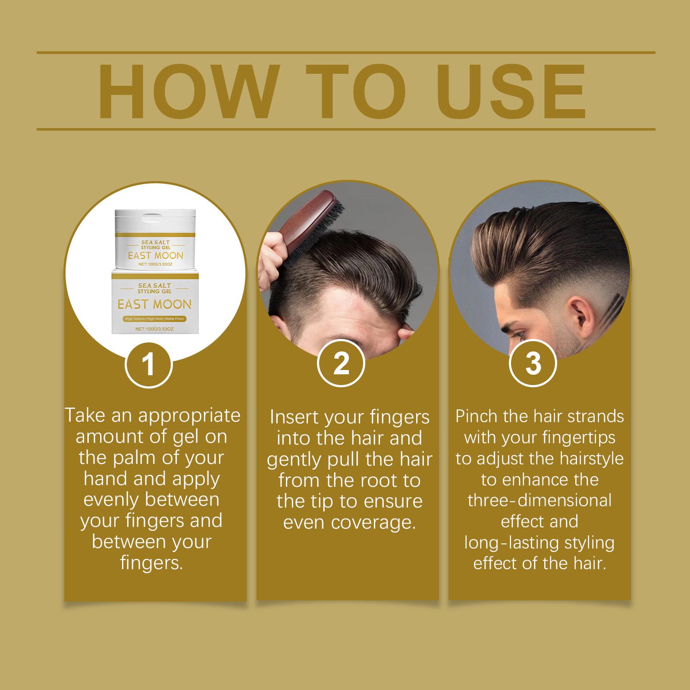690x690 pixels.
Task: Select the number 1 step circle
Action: [149, 364]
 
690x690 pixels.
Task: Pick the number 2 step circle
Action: [341, 364]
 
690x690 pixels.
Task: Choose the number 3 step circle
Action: [533, 364]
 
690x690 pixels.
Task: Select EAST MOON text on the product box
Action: [154, 304]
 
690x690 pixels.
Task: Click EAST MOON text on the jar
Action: [155, 256]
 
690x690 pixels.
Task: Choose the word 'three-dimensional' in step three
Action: [539, 500]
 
